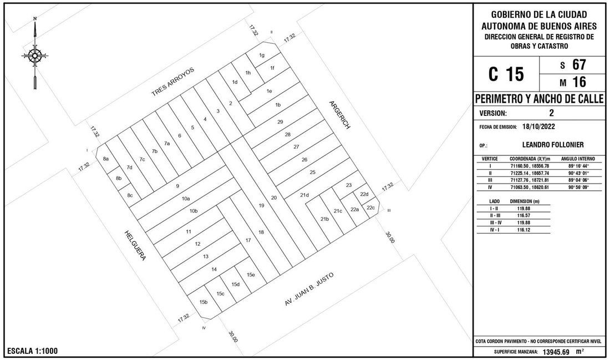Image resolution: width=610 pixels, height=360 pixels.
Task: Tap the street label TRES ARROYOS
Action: coord(172,82)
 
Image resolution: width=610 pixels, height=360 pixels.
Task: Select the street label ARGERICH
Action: coord(340,115)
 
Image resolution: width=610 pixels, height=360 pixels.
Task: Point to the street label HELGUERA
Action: coord(135,245)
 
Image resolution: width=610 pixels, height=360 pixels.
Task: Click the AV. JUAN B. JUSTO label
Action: coord(309,289)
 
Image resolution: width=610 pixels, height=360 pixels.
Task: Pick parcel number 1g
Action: coord(262,55)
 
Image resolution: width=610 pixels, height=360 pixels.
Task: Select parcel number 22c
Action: coord(371,207)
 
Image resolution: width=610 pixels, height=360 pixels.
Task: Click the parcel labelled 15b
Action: coord(204,302)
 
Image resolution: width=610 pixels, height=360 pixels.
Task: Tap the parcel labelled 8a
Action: coord(106,159)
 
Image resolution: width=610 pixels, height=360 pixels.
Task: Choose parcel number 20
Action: coord(274,197)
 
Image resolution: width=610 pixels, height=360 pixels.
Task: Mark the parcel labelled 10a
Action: coord(186,199)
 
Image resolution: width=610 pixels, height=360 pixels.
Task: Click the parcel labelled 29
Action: coord(280,122)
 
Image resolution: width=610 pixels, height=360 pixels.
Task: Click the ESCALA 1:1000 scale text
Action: coord(33,351)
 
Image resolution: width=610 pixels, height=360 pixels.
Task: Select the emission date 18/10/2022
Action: coord(539,126)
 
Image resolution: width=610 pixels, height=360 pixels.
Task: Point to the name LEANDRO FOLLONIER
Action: coord(553,145)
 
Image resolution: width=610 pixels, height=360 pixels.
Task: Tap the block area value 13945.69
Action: coord(556,352)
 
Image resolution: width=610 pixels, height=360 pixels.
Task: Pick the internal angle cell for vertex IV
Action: coord(578,187)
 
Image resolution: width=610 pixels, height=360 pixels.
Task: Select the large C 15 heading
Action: coord(506,74)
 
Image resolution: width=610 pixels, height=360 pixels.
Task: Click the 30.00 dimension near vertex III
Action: coord(390,237)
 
